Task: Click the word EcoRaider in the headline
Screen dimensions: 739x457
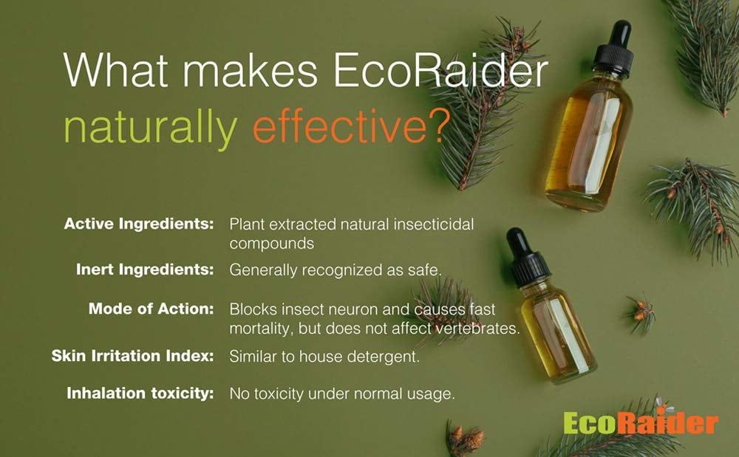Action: pyautogui.click(x=441, y=71)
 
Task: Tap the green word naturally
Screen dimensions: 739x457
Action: pyautogui.click(x=150, y=128)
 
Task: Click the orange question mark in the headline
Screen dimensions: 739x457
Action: pyautogui.click(x=437, y=126)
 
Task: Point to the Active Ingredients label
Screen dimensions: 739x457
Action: pyautogui.click(x=139, y=224)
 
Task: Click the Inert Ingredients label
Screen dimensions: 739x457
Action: pyautogui.click(x=145, y=269)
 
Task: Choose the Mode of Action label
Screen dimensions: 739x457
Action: pyautogui.click(x=151, y=309)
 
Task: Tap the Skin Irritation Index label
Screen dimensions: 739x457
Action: pyautogui.click(x=132, y=356)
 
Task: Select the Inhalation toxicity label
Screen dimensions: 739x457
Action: pyautogui.click(x=140, y=393)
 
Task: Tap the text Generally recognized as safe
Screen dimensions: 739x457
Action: pyautogui.click(x=336, y=271)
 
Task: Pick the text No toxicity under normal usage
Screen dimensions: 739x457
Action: pyautogui.click(x=342, y=394)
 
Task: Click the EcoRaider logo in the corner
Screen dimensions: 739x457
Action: pyautogui.click(x=641, y=422)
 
